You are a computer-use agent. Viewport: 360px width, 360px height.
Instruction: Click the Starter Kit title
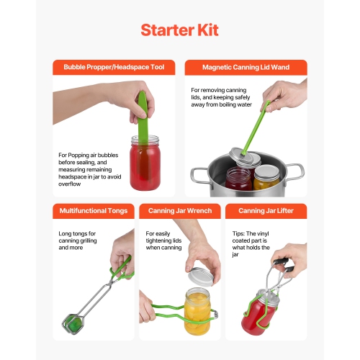(179, 30)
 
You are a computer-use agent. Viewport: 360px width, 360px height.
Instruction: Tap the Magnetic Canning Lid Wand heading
(246, 67)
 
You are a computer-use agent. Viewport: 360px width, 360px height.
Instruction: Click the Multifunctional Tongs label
(93, 210)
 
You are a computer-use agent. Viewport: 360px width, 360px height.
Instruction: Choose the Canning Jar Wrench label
(179, 210)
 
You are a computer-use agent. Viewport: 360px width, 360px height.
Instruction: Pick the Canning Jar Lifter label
(266, 210)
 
